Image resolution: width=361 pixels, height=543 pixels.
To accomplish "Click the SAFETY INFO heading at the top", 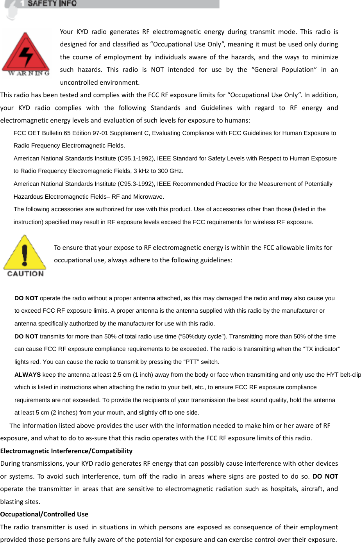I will point(52,4).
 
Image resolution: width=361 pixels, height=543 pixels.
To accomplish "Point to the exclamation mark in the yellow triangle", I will point(25,255).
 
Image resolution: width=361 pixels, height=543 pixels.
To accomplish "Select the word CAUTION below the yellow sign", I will point(25,274).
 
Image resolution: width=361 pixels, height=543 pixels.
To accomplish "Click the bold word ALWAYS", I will point(27,375).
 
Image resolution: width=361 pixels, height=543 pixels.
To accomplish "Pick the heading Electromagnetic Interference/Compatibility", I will point(66,451).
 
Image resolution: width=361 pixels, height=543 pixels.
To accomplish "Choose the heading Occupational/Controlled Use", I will point(44,514).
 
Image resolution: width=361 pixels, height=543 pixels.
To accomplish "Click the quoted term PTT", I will point(191,362).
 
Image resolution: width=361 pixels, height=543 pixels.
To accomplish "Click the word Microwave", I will point(148,197).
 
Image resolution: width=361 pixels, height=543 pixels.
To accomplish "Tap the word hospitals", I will point(284,489).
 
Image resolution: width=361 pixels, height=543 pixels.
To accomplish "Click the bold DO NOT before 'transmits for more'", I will point(26,336).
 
